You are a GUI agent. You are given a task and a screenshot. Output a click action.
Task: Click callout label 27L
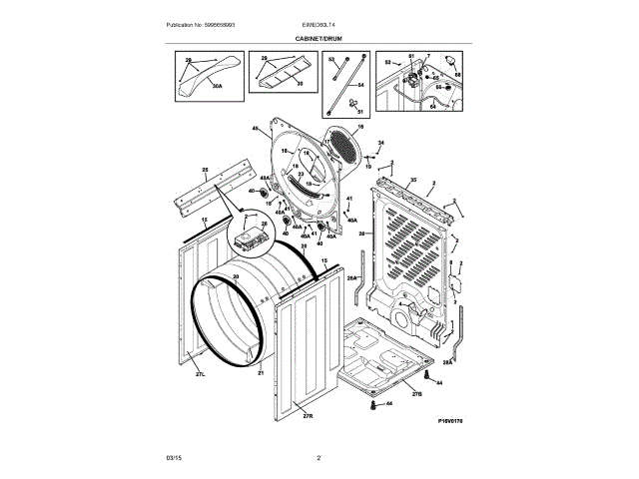[x=200, y=375]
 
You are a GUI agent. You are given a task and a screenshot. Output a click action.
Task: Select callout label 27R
[x=308, y=415]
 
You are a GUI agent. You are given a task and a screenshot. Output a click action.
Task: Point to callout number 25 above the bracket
[x=204, y=170]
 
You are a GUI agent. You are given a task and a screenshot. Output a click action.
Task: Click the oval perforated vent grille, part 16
[x=344, y=150]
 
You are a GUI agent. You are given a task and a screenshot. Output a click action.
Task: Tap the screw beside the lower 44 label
[x=372, y=405]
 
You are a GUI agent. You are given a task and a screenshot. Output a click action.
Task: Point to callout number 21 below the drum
[x=261, y=373]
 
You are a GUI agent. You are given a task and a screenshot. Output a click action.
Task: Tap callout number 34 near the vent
[x=380, y=144]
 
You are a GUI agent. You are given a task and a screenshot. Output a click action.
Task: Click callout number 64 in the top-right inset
[x=433, y=106]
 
